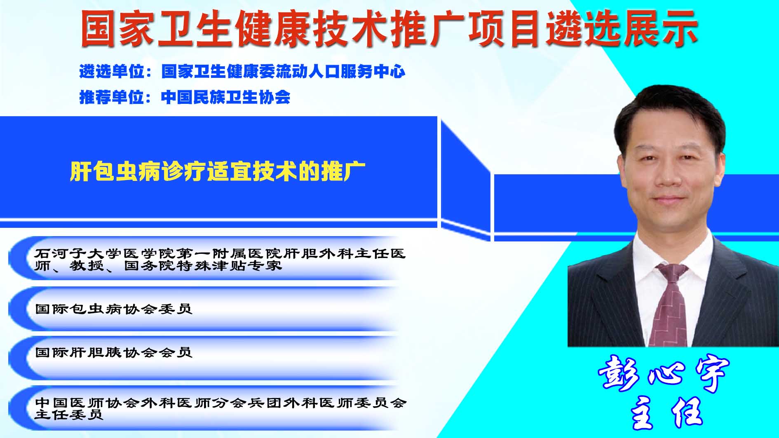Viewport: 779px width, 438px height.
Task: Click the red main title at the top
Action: click(x=389, y=28)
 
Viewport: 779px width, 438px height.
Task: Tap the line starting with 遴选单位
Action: click(x=242, y=72)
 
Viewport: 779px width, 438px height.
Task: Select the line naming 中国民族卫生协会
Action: click(x=185, y=97)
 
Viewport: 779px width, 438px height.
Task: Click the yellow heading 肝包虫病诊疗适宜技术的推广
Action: click(x=218, y=171)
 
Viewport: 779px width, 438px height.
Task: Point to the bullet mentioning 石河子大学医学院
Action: click(x=220, y=259)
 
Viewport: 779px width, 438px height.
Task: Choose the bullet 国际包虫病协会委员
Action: click(x=114, y=309)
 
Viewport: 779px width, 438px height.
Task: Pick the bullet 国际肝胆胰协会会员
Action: click(x=114, y=352)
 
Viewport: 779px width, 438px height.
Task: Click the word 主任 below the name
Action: click(x=666, y=412)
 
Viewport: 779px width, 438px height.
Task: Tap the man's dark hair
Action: click(x=670, y=111)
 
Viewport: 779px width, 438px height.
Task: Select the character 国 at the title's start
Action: click(x=99, y=28)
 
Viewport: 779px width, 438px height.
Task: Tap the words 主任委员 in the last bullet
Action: click(x=68, y=415)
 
